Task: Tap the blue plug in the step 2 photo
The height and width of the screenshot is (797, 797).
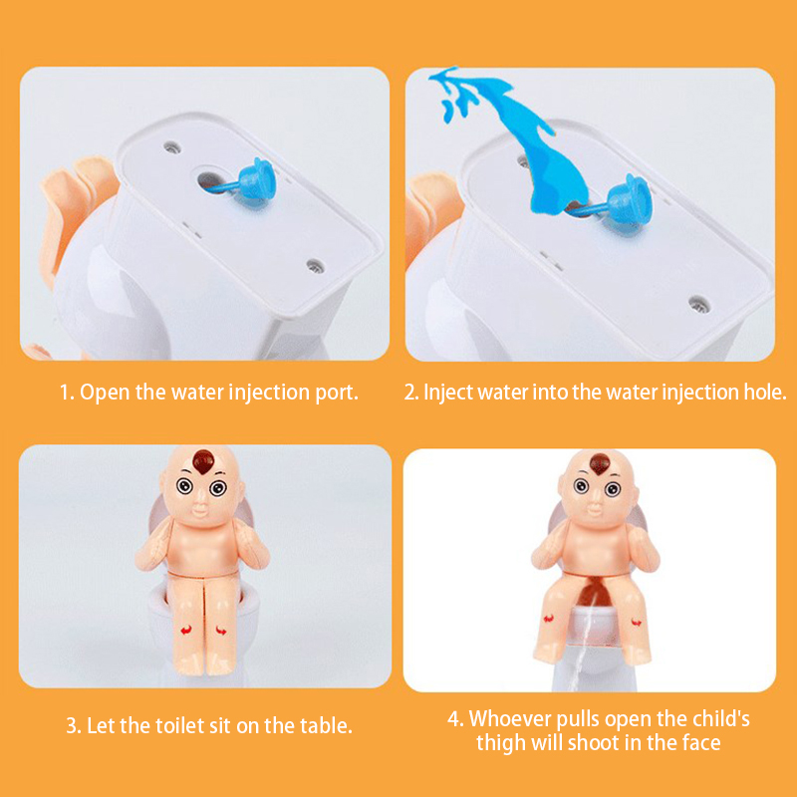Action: pos(628,200)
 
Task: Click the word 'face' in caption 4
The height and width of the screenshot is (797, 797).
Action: pos(701,742)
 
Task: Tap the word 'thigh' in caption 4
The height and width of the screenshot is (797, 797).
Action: pos(501,743)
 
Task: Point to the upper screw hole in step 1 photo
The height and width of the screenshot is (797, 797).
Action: pos(172,147)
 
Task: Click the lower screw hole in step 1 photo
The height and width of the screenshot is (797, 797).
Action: pos(315,264)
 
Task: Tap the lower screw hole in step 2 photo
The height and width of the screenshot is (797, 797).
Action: pos(699,304)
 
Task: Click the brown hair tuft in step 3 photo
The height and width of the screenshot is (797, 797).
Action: pos(203,461)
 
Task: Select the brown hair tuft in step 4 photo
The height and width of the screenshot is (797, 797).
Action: pos(600,463)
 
